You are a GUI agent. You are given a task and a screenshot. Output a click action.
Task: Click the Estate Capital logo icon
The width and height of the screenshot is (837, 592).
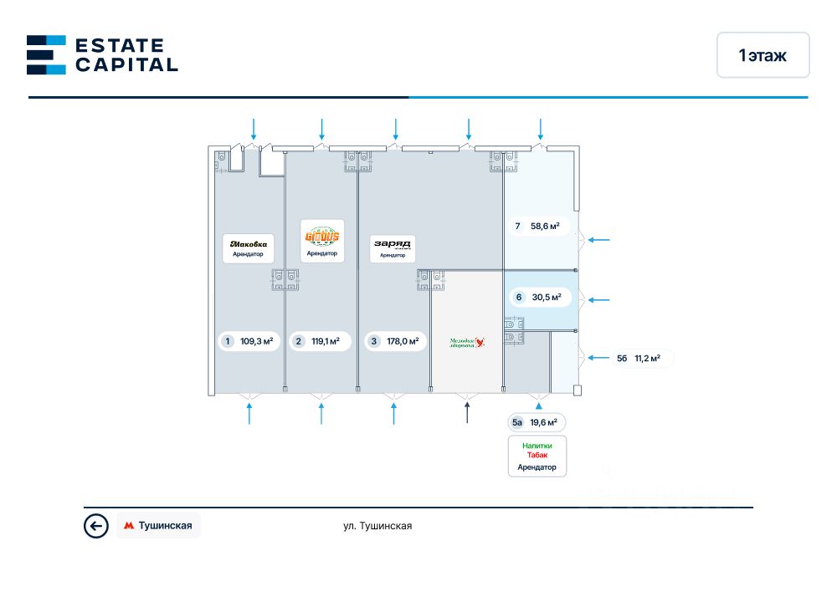46,54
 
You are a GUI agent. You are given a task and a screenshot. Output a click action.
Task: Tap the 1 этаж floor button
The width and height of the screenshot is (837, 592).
763,55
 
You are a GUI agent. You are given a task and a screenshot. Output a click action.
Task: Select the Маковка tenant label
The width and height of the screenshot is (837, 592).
248,248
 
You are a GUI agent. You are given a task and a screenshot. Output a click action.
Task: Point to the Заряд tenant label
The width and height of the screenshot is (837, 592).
392,248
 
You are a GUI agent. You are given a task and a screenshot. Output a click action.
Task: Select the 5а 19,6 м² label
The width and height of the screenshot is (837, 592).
536,423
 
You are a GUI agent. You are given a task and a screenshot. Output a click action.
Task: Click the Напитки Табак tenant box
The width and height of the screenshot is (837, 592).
537,457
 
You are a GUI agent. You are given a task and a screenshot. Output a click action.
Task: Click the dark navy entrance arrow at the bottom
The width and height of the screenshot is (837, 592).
467,412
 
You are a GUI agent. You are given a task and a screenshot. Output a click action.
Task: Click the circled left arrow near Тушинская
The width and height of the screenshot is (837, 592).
96,526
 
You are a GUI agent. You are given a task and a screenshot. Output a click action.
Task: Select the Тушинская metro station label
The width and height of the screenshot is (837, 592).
159,526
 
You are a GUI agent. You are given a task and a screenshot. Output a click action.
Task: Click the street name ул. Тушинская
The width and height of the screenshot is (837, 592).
377,526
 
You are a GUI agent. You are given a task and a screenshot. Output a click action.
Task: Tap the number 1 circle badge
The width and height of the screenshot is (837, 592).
227,341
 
